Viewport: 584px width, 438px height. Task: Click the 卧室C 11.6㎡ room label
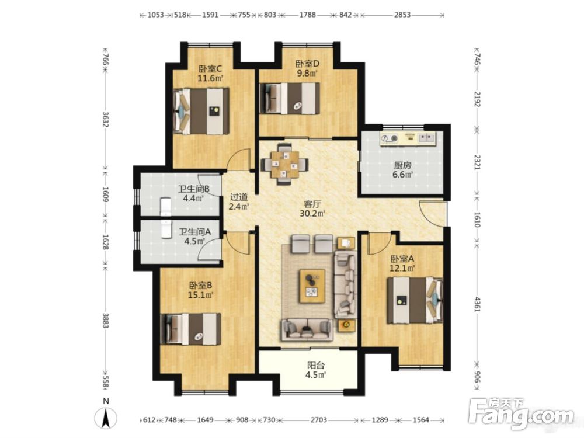210,74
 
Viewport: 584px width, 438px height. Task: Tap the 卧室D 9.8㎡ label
307,68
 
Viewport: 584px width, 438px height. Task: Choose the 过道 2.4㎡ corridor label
239,201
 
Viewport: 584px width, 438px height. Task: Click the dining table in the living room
285,164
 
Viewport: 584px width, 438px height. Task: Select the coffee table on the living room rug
312,286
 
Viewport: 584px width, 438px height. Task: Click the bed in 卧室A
415,300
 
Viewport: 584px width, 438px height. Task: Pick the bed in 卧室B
191,329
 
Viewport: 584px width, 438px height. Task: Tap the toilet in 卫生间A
166,230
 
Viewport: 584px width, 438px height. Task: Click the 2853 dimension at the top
402,15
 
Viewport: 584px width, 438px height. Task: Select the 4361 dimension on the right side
478,303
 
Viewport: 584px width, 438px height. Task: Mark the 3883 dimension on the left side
105,320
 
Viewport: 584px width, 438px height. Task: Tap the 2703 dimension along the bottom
318,420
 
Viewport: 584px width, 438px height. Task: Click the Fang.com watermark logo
522,413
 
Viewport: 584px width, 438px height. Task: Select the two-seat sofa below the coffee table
307,329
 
